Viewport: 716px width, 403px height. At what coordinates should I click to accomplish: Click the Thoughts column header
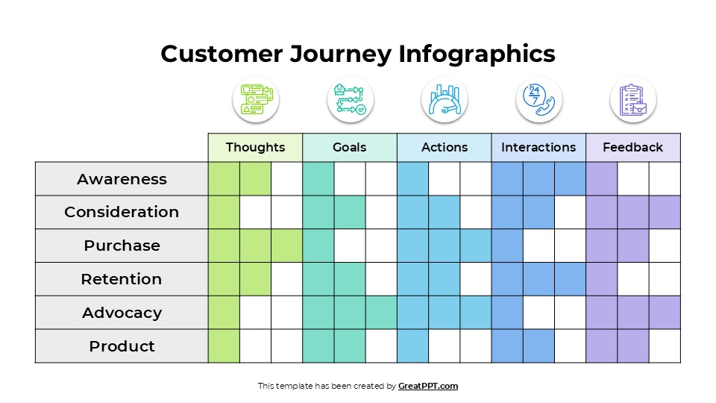coord(255,147)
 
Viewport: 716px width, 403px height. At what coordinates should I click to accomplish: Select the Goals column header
coord(349,147)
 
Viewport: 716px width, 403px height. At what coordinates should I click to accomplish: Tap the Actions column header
coord(445,147)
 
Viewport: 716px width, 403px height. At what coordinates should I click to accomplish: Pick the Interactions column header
coord(538,147)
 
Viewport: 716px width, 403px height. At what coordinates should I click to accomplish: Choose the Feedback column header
coord(632,147)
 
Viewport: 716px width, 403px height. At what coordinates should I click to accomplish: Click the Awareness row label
coord(122,179)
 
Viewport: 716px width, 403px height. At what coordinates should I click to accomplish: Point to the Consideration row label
coord(122,212)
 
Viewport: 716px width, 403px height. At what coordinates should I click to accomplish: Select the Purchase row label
coord(122,246)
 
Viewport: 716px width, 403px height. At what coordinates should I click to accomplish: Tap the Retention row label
coord(122,279)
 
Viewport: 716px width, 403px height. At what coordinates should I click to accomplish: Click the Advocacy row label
coord(122,313)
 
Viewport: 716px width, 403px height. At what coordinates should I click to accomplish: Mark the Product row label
coord(122,346)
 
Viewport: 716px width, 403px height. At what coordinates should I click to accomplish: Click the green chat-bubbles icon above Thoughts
coord(256,99)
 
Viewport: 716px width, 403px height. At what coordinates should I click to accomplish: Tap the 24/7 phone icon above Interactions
coord(538,99)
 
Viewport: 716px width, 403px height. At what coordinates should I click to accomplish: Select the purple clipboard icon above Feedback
coord(632,99)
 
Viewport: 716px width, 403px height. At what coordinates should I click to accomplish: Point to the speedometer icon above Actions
coord(445,99)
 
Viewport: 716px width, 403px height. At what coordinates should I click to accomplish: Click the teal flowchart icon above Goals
coord(350,99)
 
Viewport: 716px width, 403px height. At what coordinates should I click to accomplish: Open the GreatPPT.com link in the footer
coord(428,386)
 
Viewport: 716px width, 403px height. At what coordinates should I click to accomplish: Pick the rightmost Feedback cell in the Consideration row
coord(665,212)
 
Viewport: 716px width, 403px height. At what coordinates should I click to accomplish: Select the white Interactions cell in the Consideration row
coord(570,212)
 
